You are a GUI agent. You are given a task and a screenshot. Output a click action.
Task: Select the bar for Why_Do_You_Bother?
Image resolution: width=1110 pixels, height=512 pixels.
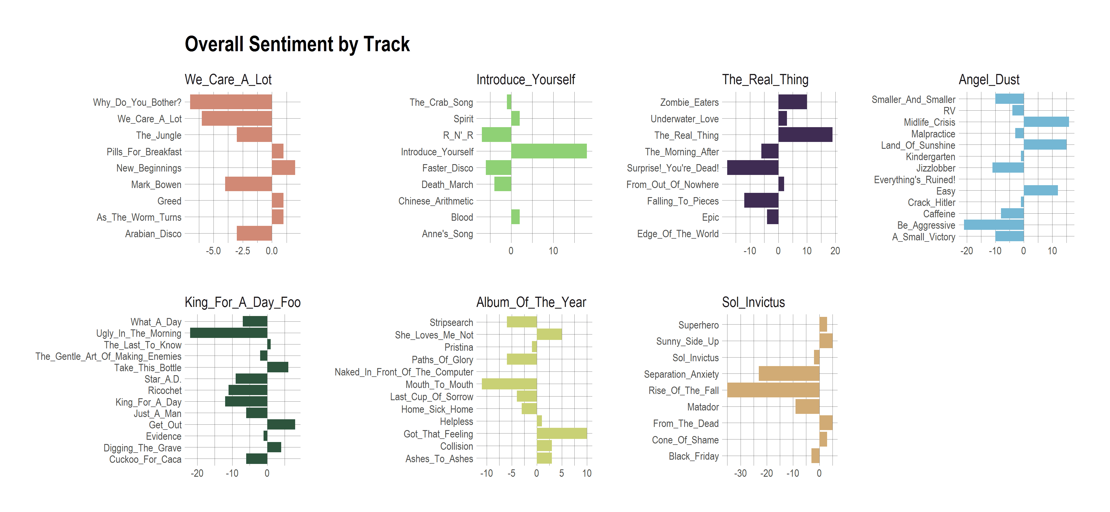coord(231,102)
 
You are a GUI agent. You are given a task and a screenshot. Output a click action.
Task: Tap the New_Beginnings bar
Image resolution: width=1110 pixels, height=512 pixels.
coord(283,168)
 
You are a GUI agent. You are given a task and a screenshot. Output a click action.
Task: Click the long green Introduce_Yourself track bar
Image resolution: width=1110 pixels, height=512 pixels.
coord(548,151)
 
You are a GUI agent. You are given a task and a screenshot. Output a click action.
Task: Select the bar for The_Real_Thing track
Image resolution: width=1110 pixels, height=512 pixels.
coord(805,135)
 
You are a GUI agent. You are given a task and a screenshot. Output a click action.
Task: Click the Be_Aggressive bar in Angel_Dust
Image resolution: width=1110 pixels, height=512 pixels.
coord(993,225)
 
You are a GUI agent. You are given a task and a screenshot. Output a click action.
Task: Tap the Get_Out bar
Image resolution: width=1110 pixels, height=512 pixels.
coord(281,425)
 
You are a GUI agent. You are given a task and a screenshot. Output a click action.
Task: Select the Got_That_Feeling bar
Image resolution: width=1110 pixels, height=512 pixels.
coord(562,433)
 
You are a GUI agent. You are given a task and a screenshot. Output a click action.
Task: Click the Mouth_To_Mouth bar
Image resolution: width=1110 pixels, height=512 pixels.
coord(509,384)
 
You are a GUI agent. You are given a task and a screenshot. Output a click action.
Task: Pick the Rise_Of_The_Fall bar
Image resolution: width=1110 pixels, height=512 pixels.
coord(773,390)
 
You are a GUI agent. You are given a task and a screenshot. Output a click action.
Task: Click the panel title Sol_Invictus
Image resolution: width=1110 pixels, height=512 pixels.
coord(753,302)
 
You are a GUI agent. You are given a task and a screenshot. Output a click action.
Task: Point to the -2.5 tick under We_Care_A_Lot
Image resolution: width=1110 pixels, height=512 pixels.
coord(242,251)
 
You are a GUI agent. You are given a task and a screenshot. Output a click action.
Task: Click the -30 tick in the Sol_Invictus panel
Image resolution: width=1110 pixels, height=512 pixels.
coord(740,473)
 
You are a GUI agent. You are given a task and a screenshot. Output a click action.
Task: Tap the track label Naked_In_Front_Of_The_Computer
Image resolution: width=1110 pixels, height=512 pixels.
coord(404,372)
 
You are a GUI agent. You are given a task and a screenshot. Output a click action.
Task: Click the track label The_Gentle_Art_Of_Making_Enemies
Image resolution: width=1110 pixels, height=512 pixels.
coord(108,356)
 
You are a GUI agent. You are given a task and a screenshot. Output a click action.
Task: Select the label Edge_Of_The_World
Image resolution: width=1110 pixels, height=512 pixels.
coord(678,234)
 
